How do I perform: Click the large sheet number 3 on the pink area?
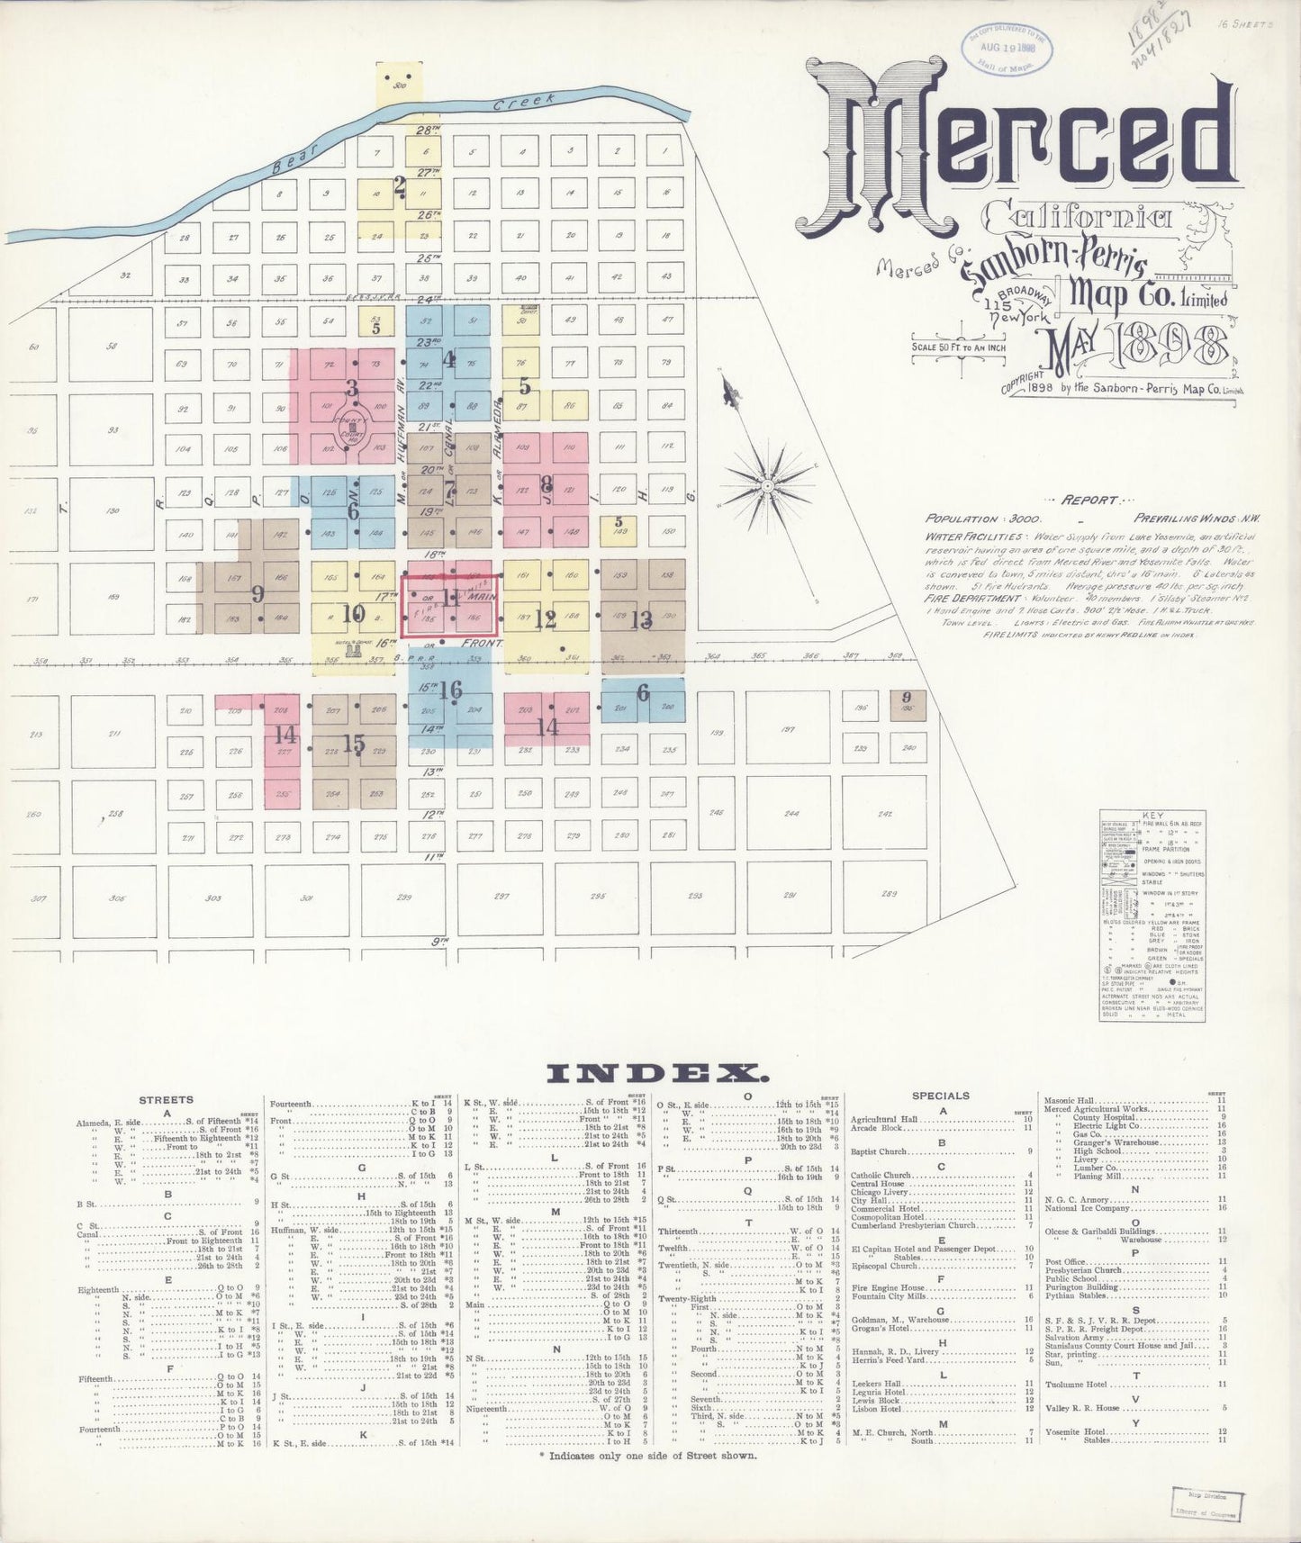click(x=352, y=389)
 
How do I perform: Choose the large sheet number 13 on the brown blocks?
click(x=641, y=619)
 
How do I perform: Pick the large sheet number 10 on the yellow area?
click(x=353, y=615)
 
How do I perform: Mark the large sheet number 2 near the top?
click(x=400, y=187)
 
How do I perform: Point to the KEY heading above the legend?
click(x=1152, y=816)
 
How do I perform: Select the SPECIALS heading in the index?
click(x=940, y=1096)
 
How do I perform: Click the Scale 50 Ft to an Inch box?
click(x=959, y=347)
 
